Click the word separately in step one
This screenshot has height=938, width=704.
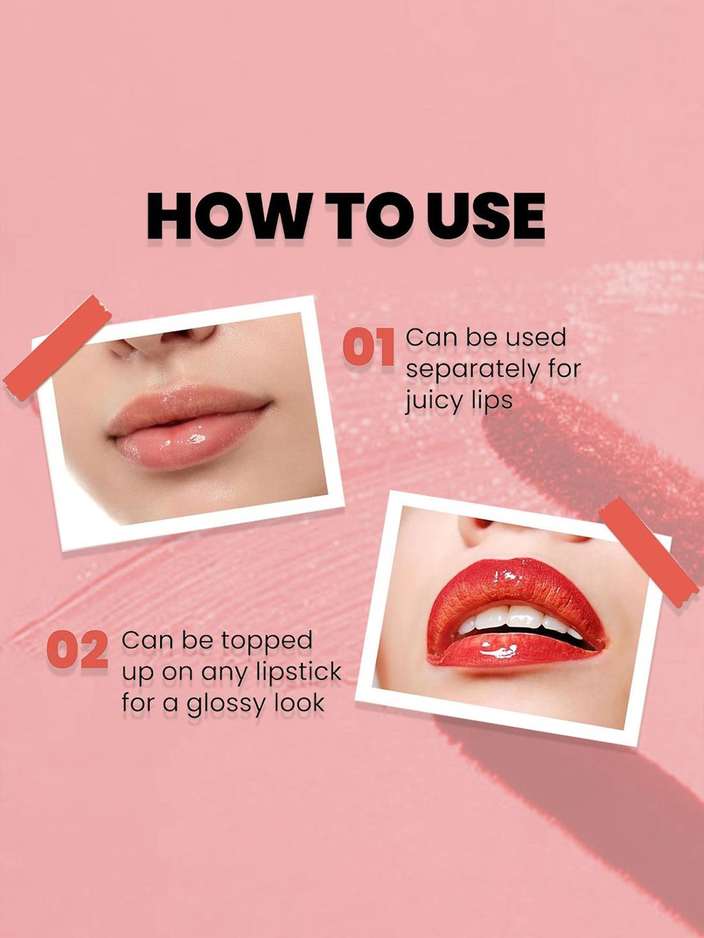pos(473,370)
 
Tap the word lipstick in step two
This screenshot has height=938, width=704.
pos(299,672)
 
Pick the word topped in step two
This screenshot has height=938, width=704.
pos(270,642)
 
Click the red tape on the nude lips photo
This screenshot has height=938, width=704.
pos(57,347)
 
